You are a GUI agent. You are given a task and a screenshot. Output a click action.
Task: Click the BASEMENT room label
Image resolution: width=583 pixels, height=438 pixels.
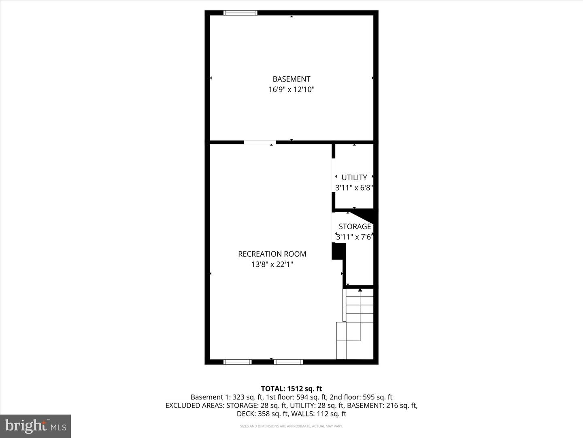click(291, 79)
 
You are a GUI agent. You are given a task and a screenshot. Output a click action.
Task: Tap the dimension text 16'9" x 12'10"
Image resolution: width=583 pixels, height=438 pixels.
click(291, 90)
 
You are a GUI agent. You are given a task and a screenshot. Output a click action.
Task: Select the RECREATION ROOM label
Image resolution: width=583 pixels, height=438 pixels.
click(272, 254)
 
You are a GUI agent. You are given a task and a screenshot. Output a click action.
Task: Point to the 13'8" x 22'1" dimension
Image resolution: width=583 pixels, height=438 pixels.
click(272, 264)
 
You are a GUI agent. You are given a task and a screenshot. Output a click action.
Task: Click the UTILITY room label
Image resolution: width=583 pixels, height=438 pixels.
click(354, 177)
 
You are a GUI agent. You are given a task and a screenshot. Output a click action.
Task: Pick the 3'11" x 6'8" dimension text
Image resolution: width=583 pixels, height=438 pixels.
click(354, 188)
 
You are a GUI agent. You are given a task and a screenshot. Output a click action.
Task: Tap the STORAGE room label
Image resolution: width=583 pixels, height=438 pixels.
click(355, 226)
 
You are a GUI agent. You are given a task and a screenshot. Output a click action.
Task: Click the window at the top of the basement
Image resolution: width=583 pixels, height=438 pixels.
click(240, 13)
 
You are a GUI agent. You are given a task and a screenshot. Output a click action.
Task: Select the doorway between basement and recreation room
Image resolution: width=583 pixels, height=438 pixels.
click(260, 142)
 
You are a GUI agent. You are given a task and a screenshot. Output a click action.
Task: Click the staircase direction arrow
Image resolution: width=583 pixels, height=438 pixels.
click(360, 290)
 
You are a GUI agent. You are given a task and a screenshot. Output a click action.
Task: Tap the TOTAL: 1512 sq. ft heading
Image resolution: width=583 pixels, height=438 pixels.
click(291, 389)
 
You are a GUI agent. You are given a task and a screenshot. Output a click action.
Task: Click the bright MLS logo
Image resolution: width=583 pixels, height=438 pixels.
click(36, 426)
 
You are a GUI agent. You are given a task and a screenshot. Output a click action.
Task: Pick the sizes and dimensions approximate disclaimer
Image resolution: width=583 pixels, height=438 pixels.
click(291, 426)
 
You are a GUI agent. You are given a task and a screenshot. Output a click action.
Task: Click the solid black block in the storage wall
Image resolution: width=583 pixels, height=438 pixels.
click(338, 251)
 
